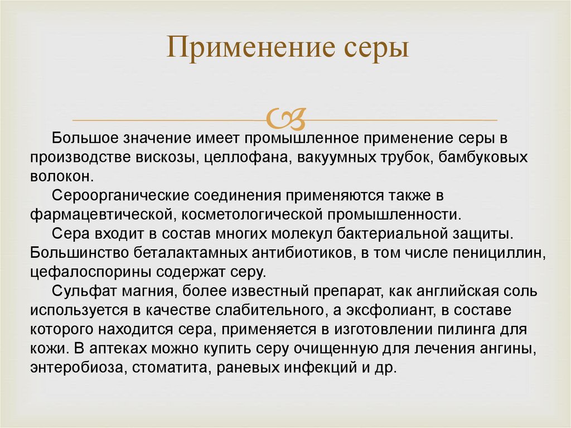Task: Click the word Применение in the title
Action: pyautogui.click(x=250, y=47)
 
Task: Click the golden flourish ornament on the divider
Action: pyautogui.click(x=286, y=119)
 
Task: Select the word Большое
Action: pyautogui.click(x=85, y=138)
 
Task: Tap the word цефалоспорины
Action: pyautogui.click(x=91, y=272)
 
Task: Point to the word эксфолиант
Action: pyautogui.click(x=391, y=310)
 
